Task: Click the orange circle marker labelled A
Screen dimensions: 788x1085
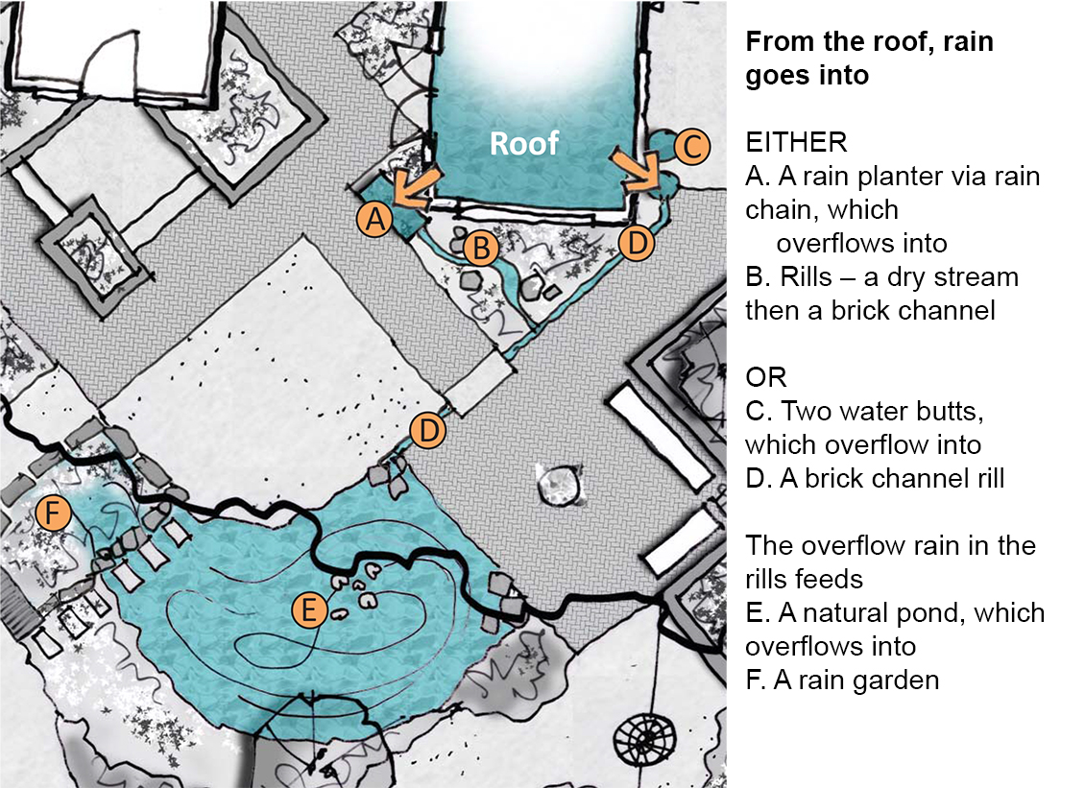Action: coord(375,220)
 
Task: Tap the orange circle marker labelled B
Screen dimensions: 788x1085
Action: coord(480,249)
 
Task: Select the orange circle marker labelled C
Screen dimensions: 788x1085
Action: coord(691,147)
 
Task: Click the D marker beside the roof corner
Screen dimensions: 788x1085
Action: coord(637,242)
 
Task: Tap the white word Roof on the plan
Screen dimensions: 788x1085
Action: coord(523,144)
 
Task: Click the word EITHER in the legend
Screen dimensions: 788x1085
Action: coord(796,143)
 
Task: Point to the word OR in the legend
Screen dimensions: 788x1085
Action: coord(766,377)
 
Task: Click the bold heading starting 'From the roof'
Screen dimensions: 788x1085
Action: coord(869,59)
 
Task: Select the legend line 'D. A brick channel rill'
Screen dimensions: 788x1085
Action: coord(875,478)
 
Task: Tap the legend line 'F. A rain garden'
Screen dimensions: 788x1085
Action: coord(842,680)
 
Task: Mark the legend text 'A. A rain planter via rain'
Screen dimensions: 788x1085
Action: coord(892,177)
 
